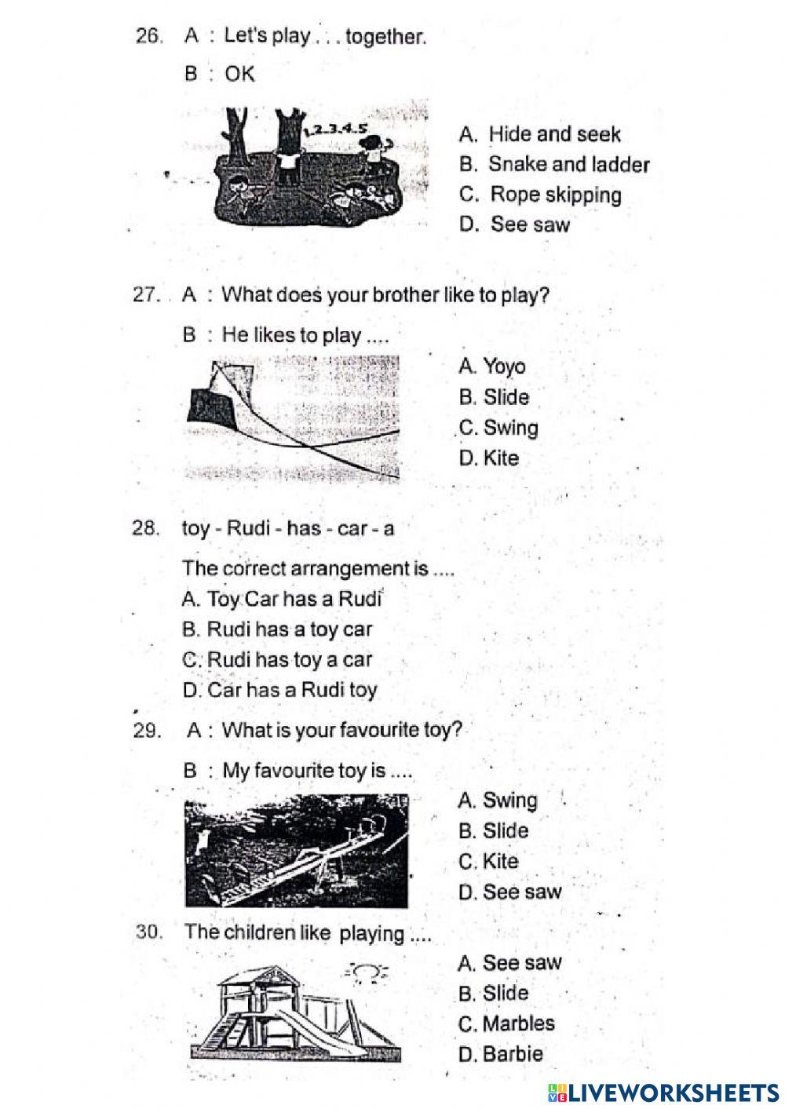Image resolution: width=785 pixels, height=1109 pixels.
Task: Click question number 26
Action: tap(149, 36)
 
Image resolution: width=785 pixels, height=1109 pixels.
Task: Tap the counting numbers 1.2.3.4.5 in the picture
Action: tap(336, 129)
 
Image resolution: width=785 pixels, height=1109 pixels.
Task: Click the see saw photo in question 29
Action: tap(297, 851)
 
